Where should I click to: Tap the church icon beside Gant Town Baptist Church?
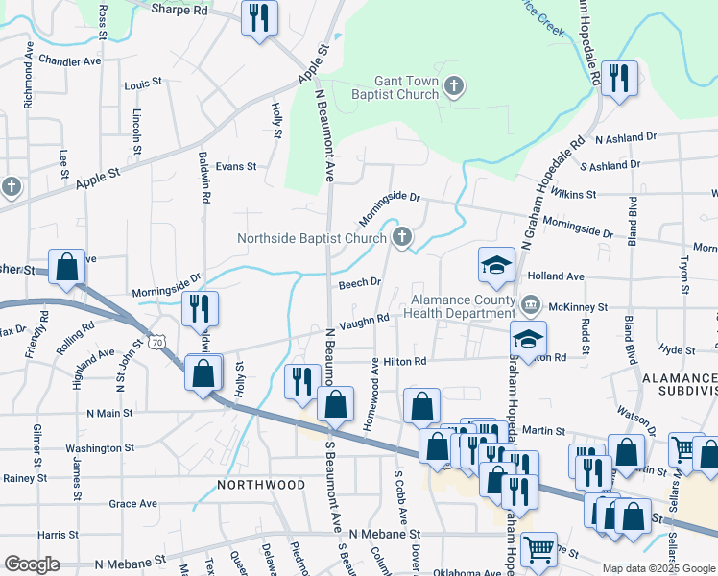pos(455,89)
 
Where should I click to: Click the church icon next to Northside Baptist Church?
pos(402,236)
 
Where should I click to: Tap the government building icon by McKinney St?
pos(531,305)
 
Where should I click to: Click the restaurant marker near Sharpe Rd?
pos(259,18)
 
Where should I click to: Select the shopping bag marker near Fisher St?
pos(67,269)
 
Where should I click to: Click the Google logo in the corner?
pos(32,564)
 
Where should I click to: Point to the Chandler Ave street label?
pos(70,60)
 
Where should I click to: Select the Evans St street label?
pos(236,166)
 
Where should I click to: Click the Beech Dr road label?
pos(360,283)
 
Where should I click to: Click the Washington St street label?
pos(100,448)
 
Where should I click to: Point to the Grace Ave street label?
pos(132,503)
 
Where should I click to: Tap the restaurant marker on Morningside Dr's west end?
pos(200,309)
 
